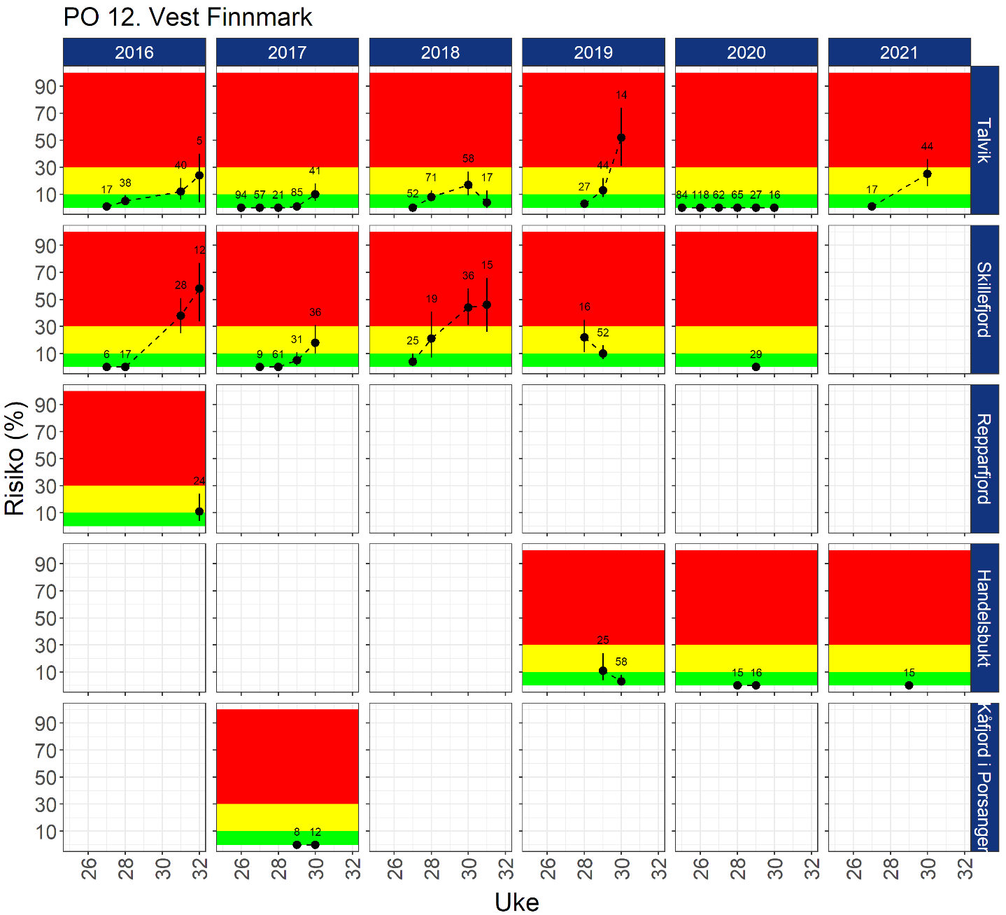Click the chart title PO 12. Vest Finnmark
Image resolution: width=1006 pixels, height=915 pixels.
(187, 17)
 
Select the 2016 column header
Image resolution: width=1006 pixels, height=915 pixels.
(134, 53)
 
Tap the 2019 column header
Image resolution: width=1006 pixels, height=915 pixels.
(593, 53)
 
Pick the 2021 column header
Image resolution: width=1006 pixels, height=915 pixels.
(899, 53)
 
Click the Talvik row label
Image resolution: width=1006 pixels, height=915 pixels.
(984, 141)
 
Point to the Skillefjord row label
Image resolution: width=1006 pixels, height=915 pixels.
(984, 299)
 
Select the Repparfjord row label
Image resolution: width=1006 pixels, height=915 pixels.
(984, 459)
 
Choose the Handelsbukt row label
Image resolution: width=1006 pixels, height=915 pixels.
(984, 617)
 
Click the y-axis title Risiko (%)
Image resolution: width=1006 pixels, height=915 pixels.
(15, 458)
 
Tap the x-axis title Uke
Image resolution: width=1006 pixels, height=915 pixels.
(516, 902)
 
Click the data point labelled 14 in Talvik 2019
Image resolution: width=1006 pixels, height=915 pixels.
(621, 138)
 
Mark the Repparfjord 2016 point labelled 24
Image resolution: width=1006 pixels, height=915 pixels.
(199, 512)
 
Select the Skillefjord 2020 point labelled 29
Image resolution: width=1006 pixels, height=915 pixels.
(756, 367)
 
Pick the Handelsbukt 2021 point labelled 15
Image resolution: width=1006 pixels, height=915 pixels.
(909, 685)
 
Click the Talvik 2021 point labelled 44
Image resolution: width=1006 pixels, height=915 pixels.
(927, 174)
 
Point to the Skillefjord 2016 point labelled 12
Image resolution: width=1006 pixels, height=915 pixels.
(199, 288)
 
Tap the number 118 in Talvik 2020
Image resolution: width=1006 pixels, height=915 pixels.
(700, 195)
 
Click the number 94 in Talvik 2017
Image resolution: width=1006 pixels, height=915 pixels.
(241, 195)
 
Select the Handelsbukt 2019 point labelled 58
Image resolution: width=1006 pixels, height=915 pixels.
(621, 681)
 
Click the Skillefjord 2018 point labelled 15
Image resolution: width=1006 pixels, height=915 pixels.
(487, 305)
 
